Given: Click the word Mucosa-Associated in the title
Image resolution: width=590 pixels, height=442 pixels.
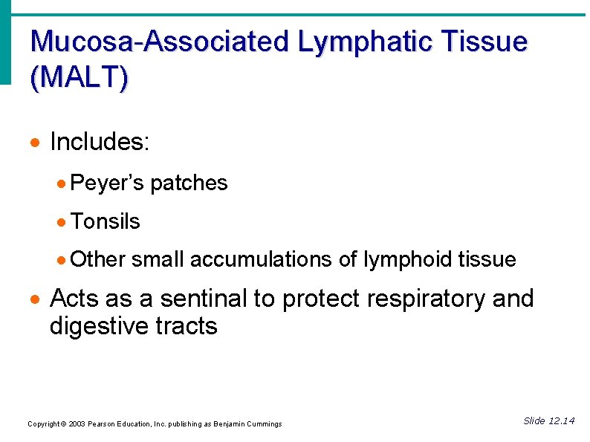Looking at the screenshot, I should (160, 42).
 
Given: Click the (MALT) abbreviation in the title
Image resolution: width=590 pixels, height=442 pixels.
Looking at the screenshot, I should (80, 77).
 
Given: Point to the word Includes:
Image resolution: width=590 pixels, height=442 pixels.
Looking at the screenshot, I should (100, 141).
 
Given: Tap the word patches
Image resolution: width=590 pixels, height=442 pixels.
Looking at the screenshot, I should (189, 183).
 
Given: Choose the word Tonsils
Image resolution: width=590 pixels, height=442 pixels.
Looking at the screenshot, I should (106, 221).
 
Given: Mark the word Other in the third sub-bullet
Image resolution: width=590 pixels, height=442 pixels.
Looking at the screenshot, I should (99, 259).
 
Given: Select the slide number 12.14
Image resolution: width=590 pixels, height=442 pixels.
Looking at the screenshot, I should (561, 421).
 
